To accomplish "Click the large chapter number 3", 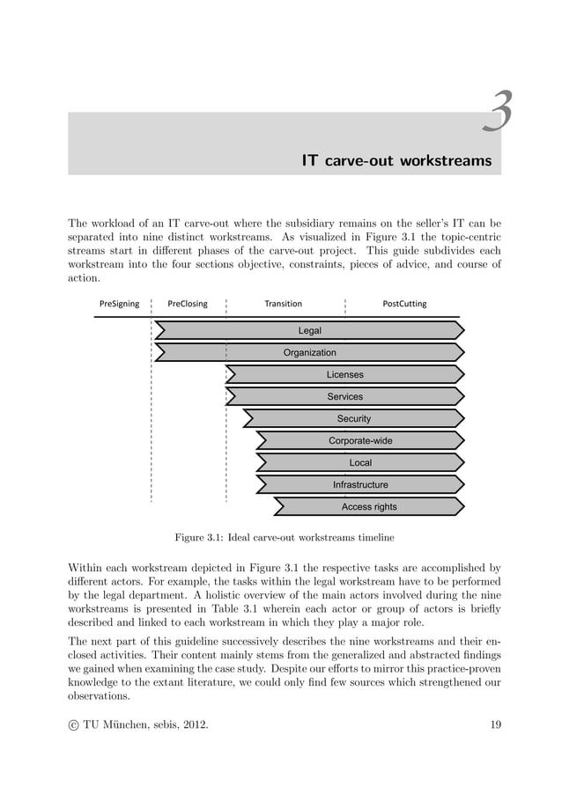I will pos(499,114).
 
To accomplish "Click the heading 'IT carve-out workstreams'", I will pos(396,161).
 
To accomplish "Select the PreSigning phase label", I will pos(119,304).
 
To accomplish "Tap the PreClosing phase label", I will pos(188,304).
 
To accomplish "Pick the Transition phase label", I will pos(283,304).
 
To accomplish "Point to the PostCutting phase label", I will pos(404,304).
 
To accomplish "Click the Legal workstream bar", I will pos(309,330).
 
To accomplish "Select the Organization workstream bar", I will pos(309,352).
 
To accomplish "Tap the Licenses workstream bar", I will pos(344,374).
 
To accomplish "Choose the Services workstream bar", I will pos(344,396).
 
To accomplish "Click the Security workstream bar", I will pos(353,418).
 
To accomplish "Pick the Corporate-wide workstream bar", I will pos(360,440).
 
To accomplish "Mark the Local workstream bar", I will pos(360,462).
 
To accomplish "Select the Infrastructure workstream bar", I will pos(360,484).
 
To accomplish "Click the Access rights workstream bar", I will pos(369,506).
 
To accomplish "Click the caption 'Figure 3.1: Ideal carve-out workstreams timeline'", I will pos(284,536).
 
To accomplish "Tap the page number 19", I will pos(495,724).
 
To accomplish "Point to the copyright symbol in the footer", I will pos(73,724).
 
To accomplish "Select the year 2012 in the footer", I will pos(194,724).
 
